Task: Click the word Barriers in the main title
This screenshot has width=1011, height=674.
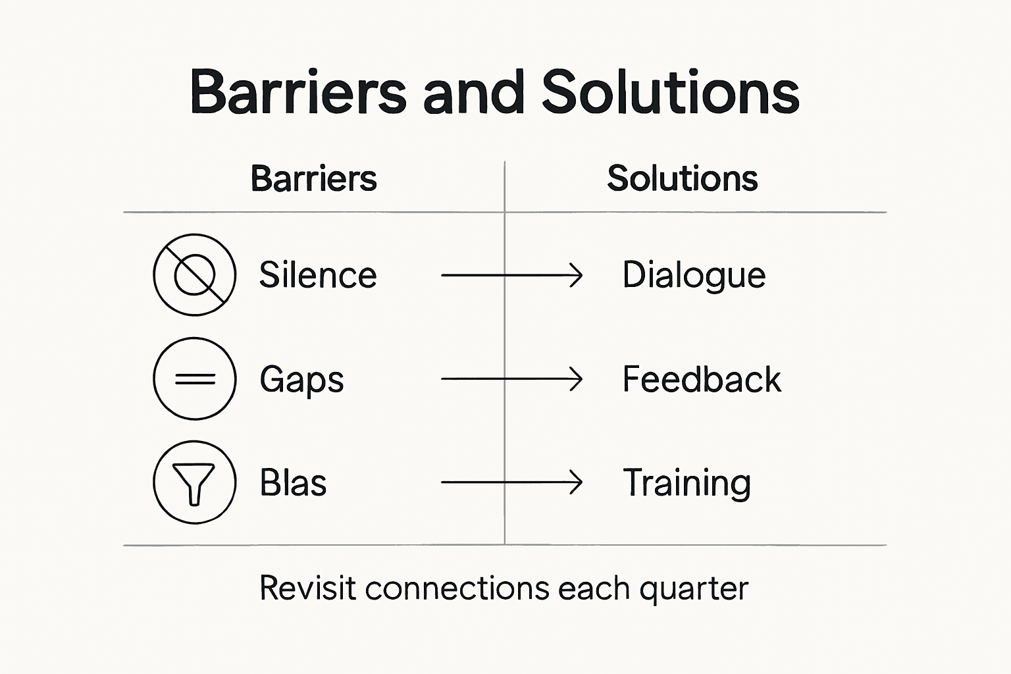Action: pyautogui.click(x=298, y=92)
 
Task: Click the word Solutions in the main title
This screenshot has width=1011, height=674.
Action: pyautogui.click(x=670, y=92)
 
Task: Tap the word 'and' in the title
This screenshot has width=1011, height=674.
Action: pyautogui.click(x=473, y=92)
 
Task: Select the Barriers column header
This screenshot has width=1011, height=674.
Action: pyautogui.click(x=313, y=178)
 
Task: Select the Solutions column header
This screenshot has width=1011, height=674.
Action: pyautogui.click(x=682, y=178)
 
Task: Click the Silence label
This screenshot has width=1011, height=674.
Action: pyautogui.click(x=317, y=275)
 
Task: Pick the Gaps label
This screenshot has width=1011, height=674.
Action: pyautogui.click(x=301, y=380)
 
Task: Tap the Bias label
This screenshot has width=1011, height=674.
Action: pyautogui.click(x=293, y=482)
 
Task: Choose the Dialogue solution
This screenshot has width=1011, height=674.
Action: pyautogui.click(x=694, y=275)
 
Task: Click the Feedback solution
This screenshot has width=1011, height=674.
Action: pyautogui.click(x=702, y=379)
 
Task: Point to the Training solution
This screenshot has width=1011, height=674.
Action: pyautogui.click(x=687, y=482)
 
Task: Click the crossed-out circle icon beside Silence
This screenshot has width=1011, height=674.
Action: pyautogui.click(x=194, y=274)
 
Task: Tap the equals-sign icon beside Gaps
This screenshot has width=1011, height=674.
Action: pyautogui.click(x=194, y=378)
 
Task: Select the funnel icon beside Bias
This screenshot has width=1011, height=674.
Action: pyautogui.click(x=194, y=482)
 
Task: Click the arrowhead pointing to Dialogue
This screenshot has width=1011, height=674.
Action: pyautogui.click(x=577, y=275)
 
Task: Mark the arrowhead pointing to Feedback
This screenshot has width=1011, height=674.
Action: pyautogui.click(x=577, y=379)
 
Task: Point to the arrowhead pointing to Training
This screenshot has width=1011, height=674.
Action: pyautogui.click(x=577, y=482)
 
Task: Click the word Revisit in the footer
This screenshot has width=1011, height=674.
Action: pyautogui.click(x=308, y=588)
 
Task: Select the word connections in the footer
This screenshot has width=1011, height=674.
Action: pyautogui.click(x=457, y=588)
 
